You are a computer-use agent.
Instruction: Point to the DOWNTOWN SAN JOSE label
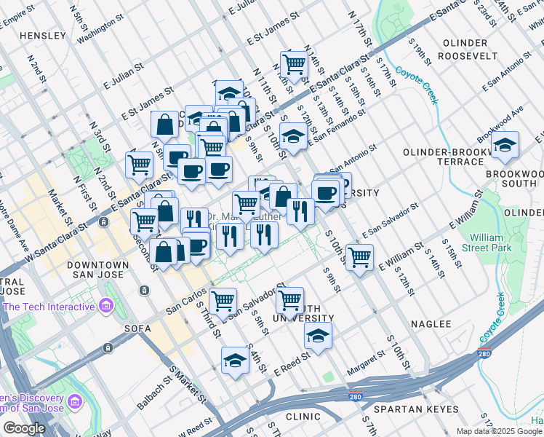(98, 270)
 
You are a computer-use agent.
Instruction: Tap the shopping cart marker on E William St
(359, 257)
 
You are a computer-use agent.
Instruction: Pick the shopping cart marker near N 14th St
(294, 63)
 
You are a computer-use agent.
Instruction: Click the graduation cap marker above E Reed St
(319, 336)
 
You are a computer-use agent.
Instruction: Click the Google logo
(23, 428)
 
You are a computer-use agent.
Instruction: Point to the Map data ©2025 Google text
(499, 431)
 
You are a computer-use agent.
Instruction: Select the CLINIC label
(303, 417)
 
